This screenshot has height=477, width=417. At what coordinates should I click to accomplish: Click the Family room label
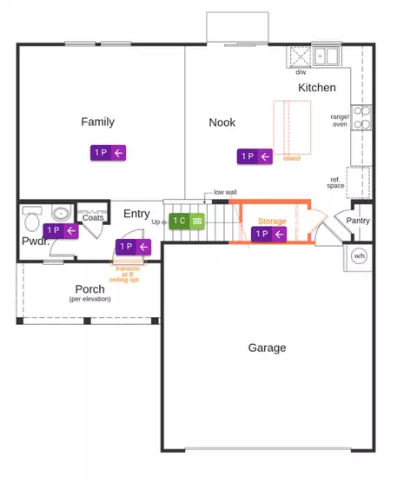[x=97, y=122]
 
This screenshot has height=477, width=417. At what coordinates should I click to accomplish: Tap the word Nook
[x=222, y=123]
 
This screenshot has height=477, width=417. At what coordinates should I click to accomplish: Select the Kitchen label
[x=317, y=88]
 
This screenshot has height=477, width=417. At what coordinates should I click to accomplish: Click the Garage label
[x=267, y=348]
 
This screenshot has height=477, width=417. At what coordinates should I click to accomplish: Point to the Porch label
[x=90, y=288]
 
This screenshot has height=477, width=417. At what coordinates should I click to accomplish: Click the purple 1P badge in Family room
[x=108, y=153]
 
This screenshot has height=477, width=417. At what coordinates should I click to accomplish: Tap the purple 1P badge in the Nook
[x=255, y=156]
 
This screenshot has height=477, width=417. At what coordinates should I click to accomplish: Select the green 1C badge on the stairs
[x=187, y=221]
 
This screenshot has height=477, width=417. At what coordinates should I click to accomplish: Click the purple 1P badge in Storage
[x=268, y=235]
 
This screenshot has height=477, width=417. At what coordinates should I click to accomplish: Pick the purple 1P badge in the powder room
[x=61, y=230]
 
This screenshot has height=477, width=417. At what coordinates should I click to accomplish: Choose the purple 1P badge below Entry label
[x=133, y=247]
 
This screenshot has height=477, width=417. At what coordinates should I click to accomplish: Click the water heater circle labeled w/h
[x=359, y=255]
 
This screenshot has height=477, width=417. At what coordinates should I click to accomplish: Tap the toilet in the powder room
[x=31, y=219]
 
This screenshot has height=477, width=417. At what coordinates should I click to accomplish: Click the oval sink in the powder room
[x=61, y=213]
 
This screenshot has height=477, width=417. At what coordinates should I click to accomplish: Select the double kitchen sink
[x=326, y=56]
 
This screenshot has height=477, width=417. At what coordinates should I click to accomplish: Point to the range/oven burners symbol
[x=361, y=117]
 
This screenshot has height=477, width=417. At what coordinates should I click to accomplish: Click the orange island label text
[x=292, y=158]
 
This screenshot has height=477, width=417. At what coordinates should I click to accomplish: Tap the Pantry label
[x=358, y=221]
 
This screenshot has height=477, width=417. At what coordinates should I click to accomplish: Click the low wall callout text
[x=225, y=192]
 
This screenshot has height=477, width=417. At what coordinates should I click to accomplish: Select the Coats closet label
[x=93, y=218]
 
